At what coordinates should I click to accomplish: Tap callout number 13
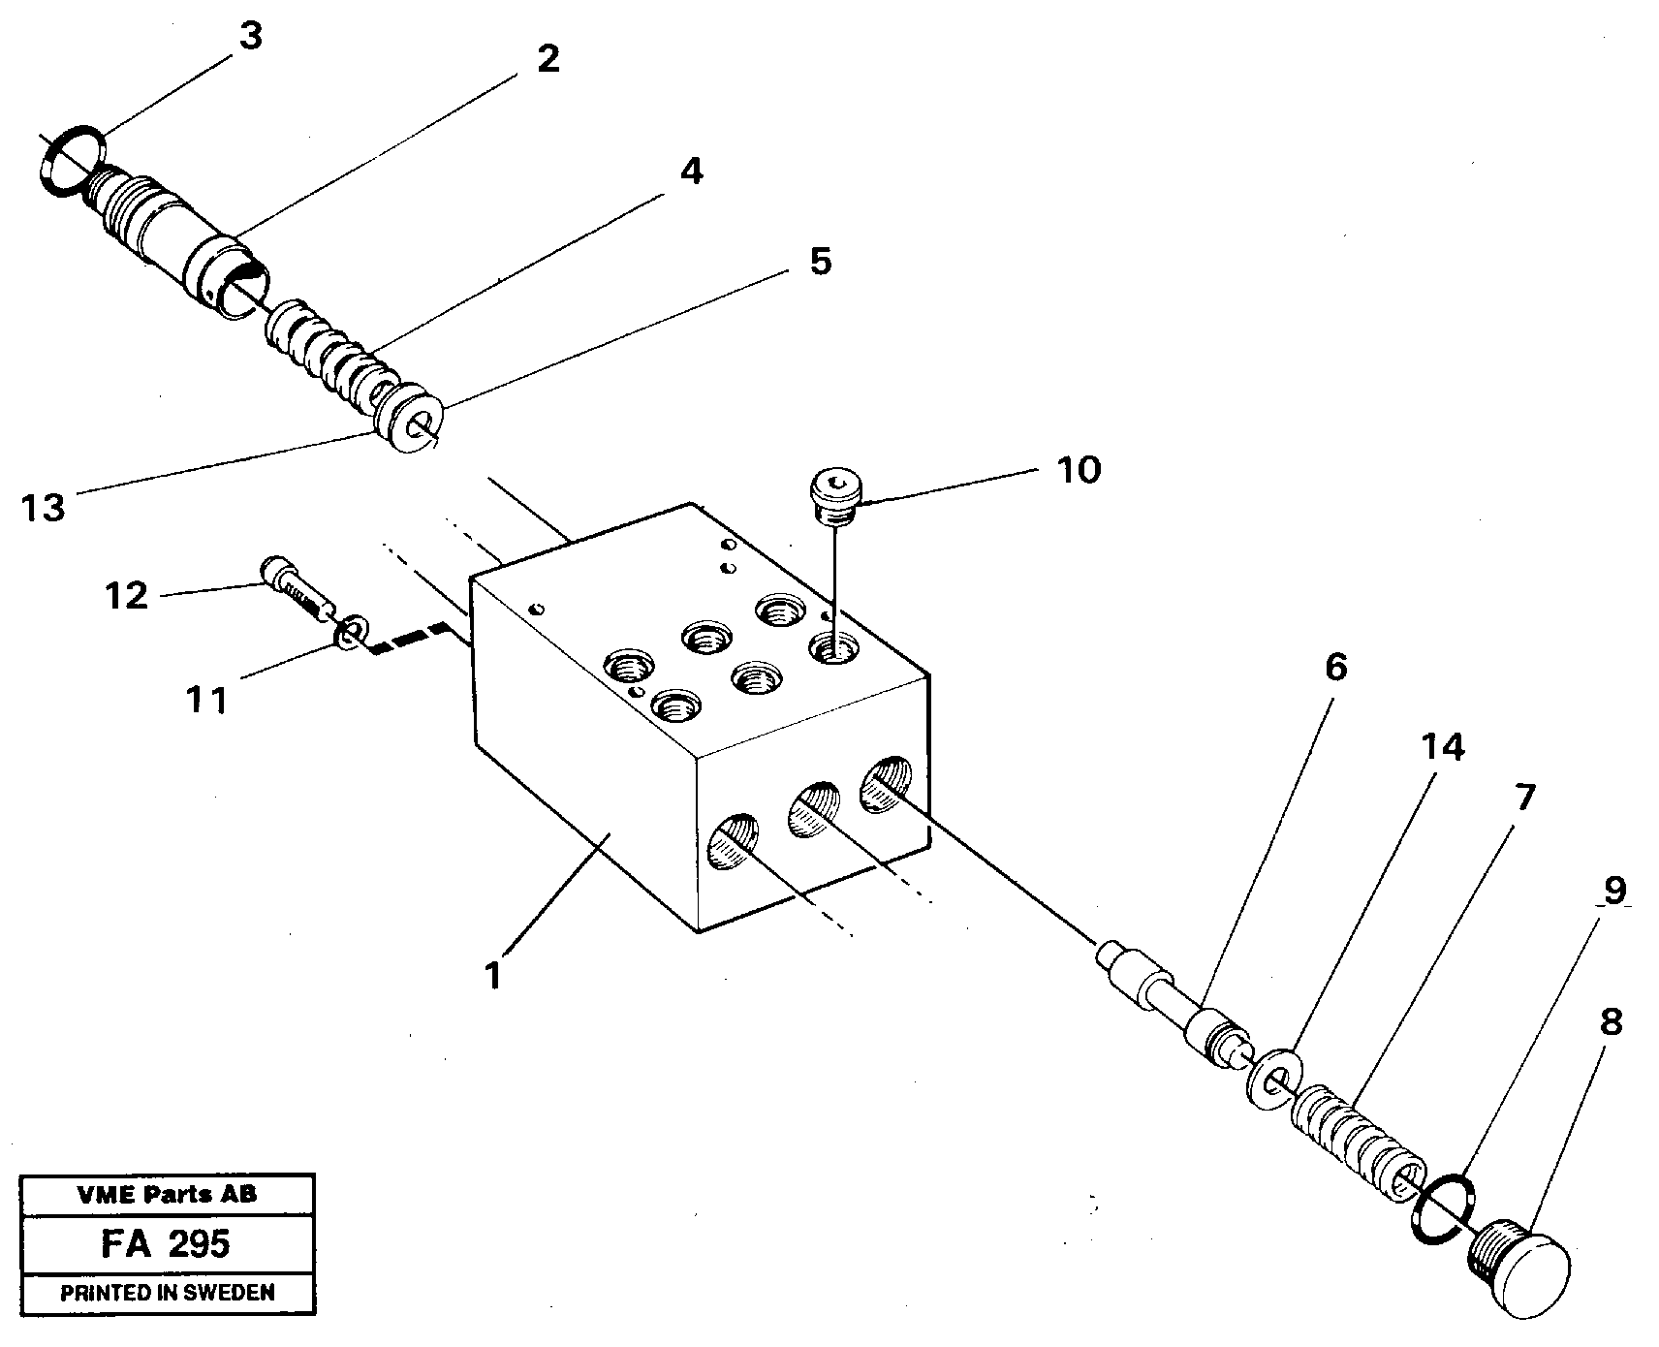(x=45, y=506)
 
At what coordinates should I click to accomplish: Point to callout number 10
(x=1079, y=470)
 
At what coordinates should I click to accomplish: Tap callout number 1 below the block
(x=494, y=975)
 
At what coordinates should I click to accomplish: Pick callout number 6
(x=1335, y=668)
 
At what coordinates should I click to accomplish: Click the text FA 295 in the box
(x=165, y=1242)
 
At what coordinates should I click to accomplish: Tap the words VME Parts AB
(x=167, y=1195)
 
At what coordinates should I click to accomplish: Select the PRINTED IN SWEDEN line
(x=167, y=1292)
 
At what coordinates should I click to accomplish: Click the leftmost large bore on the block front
(x=734, y=840)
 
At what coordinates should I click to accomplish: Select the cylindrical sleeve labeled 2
(x=184, y=242)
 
